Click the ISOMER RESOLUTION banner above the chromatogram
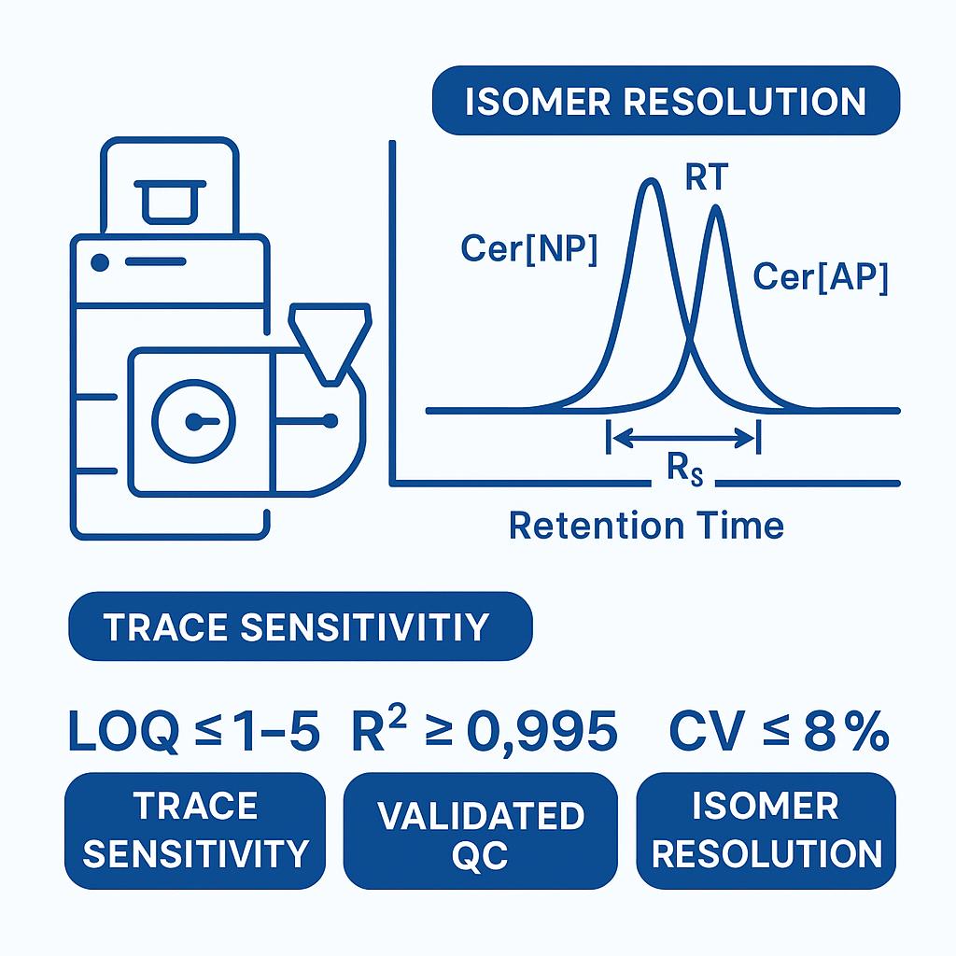tap(666, 101)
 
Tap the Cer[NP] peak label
tap(528, 248)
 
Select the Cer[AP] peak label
tap(820, 276)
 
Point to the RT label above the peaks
tap(707, 177)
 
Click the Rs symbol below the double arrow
tap(684, 471)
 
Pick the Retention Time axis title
tap(646, 525)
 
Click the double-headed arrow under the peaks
tap(683, 437)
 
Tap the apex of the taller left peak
tap(651, 180)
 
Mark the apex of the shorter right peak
tap(716, 208)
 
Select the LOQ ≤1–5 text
tap(194, 730)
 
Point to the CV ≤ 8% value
tap(780, 730)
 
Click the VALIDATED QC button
tap(481, 830)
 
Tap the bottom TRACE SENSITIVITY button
tap(195, 830)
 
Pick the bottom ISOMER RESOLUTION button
tap(766, 830)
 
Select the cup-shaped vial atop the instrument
tap(170, 202)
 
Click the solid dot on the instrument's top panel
tap(100, 262)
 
